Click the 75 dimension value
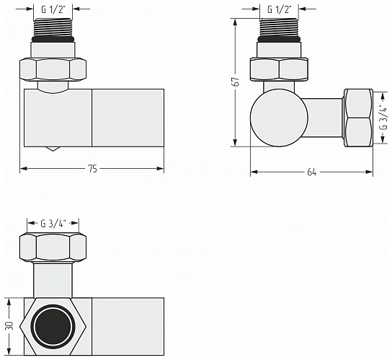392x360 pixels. point(92,169)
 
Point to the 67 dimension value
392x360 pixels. point(235,82)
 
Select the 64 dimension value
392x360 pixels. point(311,172)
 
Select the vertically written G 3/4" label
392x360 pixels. point(382,118)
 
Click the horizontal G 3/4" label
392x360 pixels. point(55,222)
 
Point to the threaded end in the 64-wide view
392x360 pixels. point(280,31)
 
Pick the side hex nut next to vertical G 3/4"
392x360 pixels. point(358,118)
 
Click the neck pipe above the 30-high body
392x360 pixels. point(55,279)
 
